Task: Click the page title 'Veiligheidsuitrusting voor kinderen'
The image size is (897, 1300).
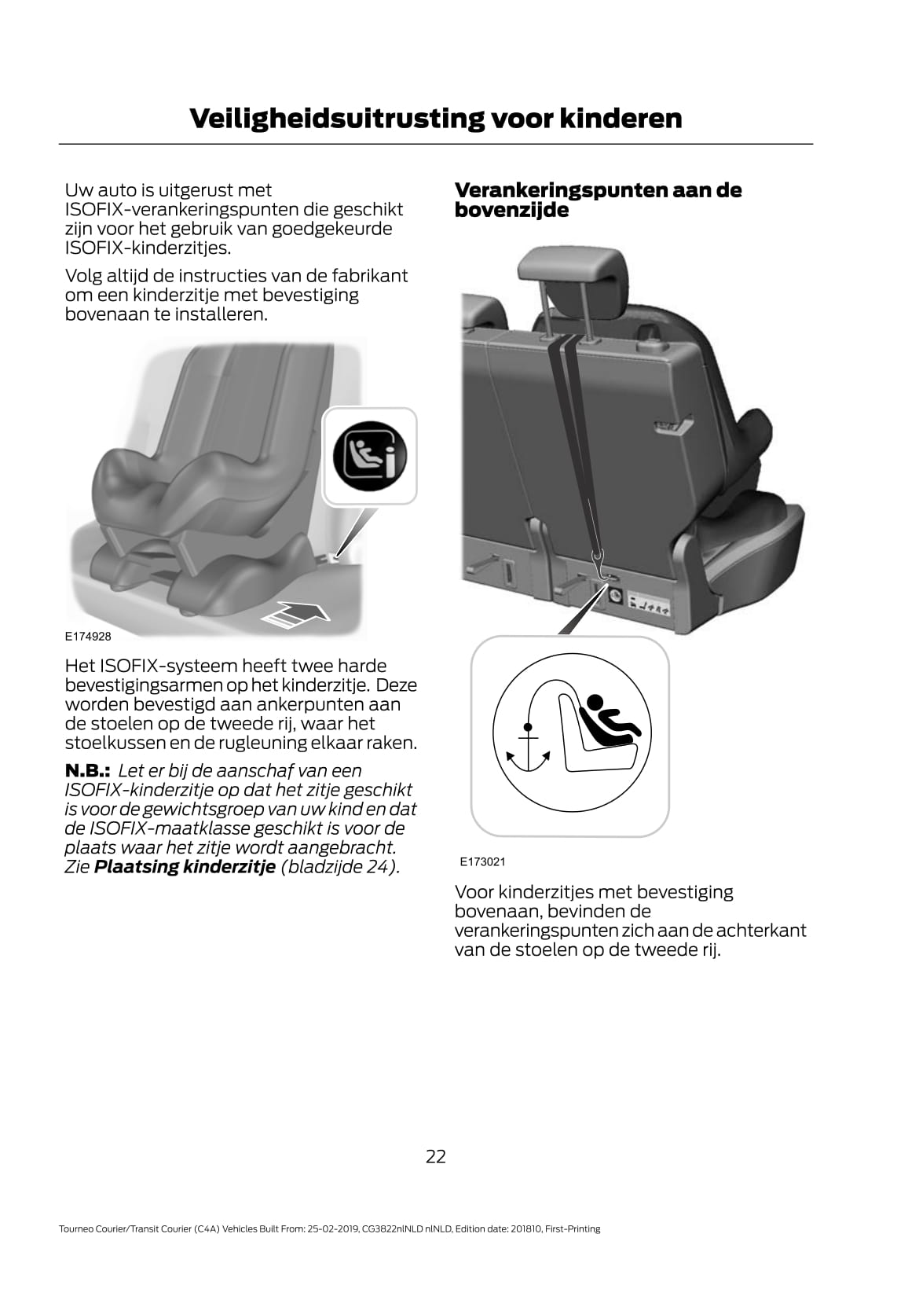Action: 435,119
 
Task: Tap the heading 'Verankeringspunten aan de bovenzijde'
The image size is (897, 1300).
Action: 597,200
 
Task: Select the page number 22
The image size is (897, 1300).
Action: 436,1155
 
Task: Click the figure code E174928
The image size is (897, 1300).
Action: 88,637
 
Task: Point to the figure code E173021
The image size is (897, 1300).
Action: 483,861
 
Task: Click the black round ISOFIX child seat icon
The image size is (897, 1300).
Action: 369,457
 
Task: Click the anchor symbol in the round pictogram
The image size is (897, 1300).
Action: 528,745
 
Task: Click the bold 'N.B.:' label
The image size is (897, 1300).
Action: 87,771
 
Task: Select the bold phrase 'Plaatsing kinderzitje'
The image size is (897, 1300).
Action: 185,867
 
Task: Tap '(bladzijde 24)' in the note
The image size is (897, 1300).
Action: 339,867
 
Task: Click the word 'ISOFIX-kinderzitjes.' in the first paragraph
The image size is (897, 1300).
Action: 148,248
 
